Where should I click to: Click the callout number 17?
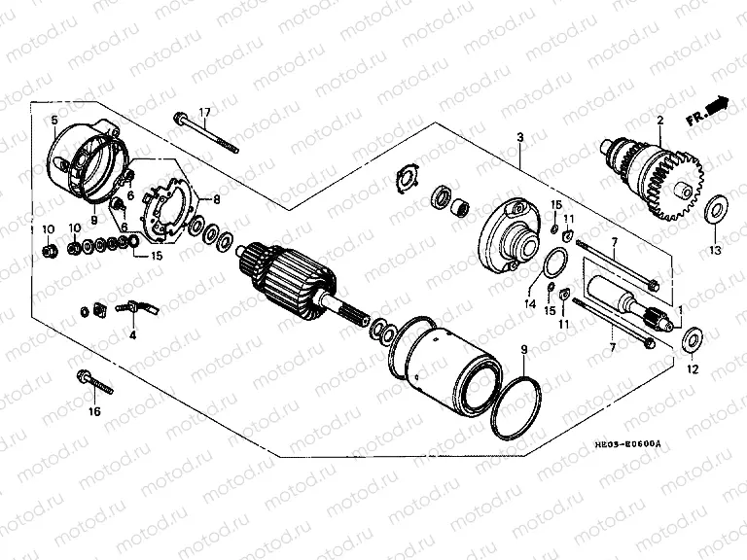tap(206, 111)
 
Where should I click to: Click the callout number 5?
tap(54, 120)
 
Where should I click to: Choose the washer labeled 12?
tap(694, 339)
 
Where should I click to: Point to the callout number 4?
tap(133, 334)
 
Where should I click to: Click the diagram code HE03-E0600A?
tap(627, 444)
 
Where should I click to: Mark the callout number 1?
tap(680, 310)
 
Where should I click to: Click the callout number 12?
tap(694, 369)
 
